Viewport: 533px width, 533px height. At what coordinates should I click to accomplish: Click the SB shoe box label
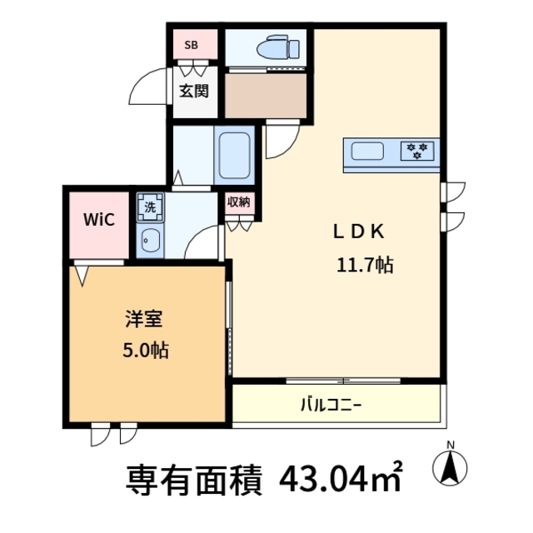pyautogui.click(x=190, y=45)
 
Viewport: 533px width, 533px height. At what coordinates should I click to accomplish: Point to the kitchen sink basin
pyautogui.click(x=367, y=152)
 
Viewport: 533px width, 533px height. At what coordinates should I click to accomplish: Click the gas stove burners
pyautogui.click(x=417, y=151)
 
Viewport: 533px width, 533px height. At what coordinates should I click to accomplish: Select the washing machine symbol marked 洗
pyautogui.click(x=150, y=206)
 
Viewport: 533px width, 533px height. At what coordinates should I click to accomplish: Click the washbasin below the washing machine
pyautogui.click(x=151, y=242)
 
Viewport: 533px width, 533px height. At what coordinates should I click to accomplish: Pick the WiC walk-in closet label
pyautogui.click(x=97, y=220)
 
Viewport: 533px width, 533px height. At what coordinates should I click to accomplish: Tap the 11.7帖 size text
pyautogui.click(x=365, y=266)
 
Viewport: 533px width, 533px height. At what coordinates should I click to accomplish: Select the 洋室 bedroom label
pyautogui.click(x=143, y=318)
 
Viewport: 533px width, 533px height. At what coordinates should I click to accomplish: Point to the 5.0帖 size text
pyautogui.click(x=145, y=351)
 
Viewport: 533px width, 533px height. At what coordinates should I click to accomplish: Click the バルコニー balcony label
pyautogui.click(x=331, y=406)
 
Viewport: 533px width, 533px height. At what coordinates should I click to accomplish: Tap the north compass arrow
pyautogui.click(x=451, y=469)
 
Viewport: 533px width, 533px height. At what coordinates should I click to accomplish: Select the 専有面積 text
pyautogui.click(x=194, y=478)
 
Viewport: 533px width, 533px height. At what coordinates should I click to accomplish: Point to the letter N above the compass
pyautogui.click(x=451, y=444)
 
